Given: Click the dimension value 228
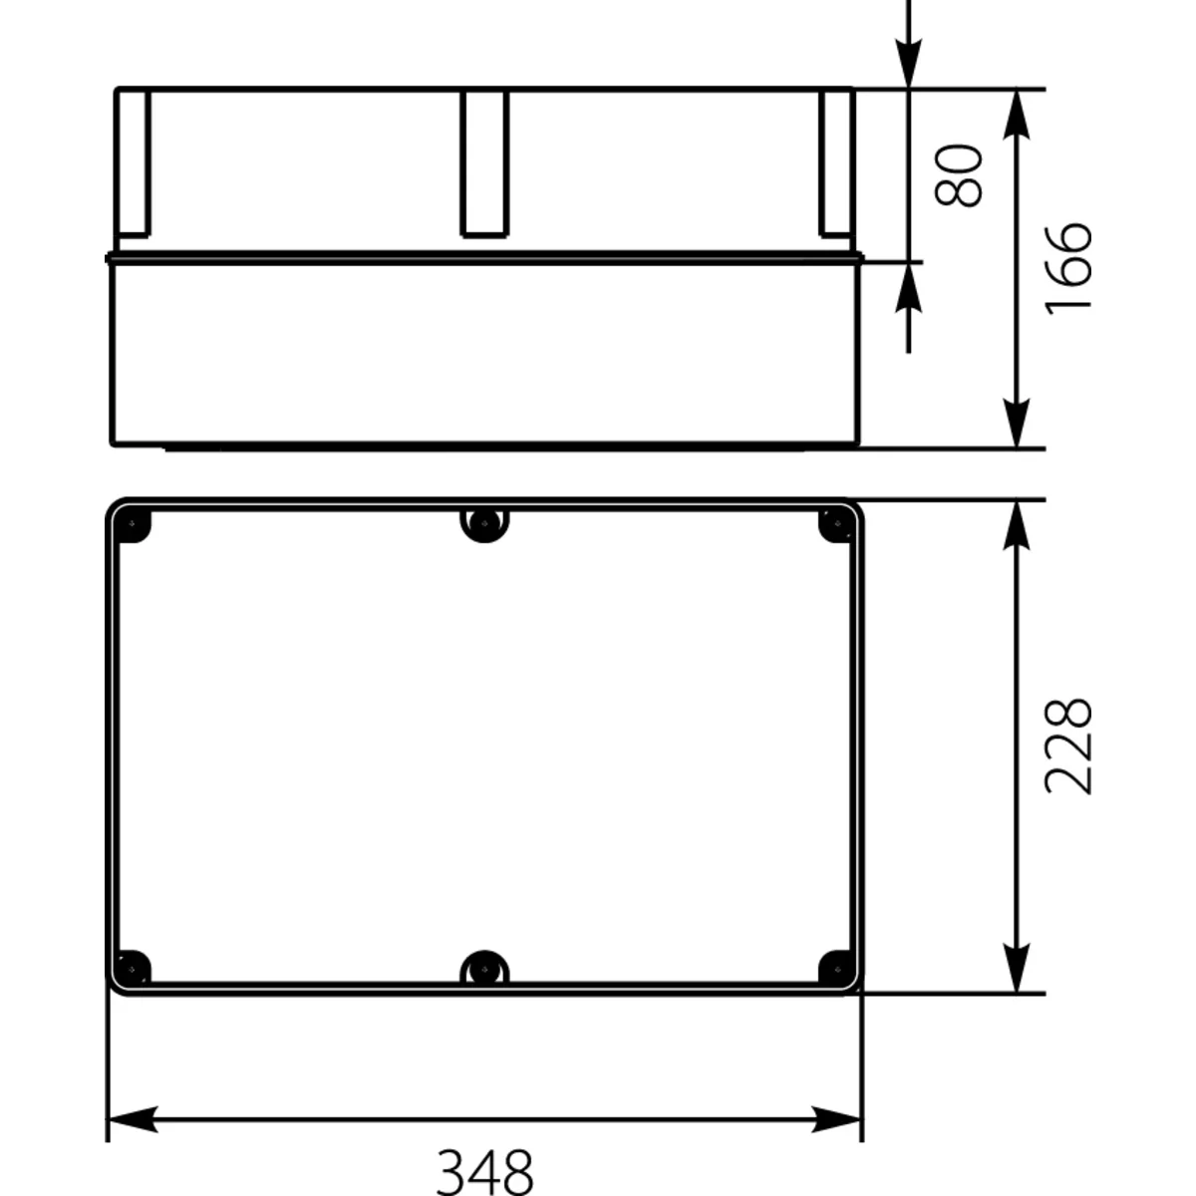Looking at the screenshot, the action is [1068, 747].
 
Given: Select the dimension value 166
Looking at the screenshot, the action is [1068, 269].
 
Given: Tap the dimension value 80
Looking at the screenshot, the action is [958, 175].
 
